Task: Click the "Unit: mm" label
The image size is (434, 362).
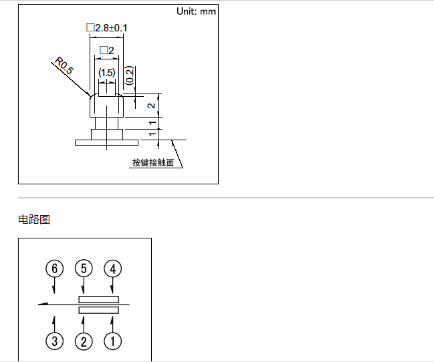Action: (x=196, y=11)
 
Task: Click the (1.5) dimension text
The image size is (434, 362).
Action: (x=107, y=71)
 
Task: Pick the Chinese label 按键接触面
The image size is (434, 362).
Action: (x=153, y=162)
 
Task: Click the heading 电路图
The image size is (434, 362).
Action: (x=34, y=219)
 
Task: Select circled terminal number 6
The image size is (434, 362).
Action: (x=55, y=268)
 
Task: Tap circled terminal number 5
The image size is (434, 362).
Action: (x=84, y=268)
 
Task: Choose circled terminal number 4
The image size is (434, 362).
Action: (x=112, y=268)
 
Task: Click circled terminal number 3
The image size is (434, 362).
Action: (x=55, y=341)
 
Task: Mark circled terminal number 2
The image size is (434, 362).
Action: (x=84, y=341)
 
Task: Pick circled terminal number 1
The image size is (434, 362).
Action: (x=112, y=341)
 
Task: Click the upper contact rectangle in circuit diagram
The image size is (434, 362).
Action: (x=98, y=299)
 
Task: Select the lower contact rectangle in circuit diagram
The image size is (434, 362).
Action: (x=98, y=311)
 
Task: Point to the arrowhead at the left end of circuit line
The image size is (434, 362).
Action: (x=43, y=305)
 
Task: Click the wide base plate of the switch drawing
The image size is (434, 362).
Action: (x=106, y=142)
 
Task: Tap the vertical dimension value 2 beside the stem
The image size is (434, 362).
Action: (x=152, y=106)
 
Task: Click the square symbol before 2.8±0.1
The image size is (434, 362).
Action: (x=90, y=28)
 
